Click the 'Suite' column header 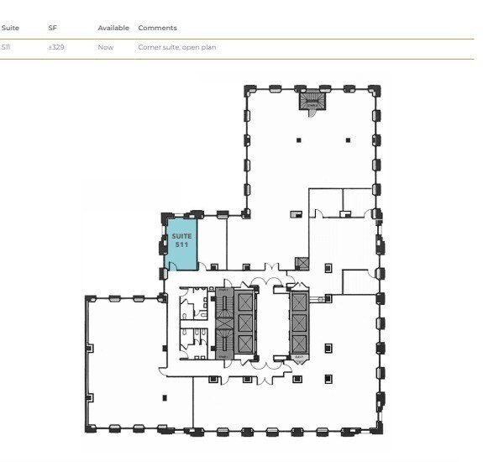(10, 28)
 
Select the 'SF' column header (52, 28)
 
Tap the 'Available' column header (113, 28)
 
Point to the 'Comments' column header (157, 28)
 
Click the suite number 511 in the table (6, 47)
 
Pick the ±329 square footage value (56, 47)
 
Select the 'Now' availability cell (105, 47)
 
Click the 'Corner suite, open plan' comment (176, 47)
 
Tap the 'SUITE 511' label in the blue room (181, 239)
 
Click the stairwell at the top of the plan (312, 100)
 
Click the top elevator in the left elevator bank (245, 301)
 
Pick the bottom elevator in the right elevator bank (299, 344)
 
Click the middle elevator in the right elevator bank (299, 322)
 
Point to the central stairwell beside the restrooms (223, 323)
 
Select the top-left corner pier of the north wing (247, 88)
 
